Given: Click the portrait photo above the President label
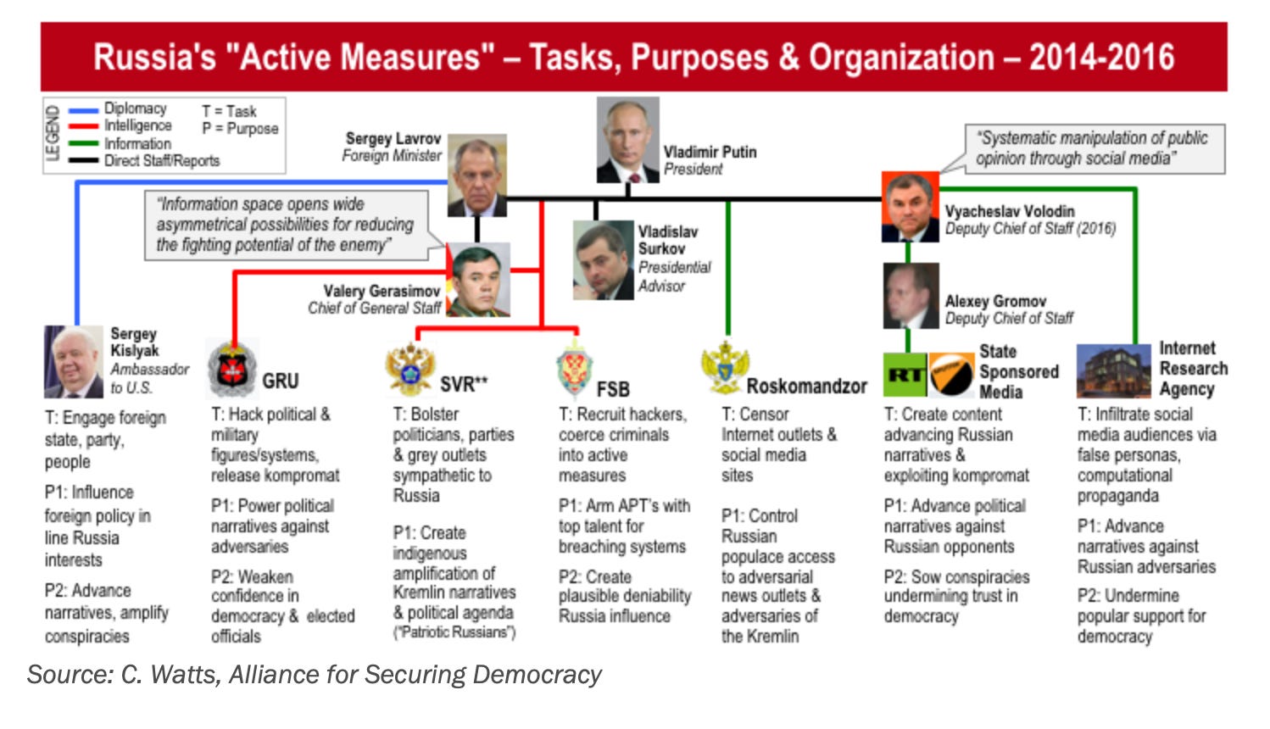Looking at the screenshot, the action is point(627,140).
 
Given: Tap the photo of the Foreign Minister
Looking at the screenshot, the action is point(477,175).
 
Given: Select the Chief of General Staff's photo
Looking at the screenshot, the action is point(478,280).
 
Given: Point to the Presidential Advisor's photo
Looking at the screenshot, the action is point(603,260).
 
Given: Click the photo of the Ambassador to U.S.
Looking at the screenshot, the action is point(74,362).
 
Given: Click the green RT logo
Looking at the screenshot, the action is point(905,375).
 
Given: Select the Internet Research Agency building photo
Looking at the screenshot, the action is point(1113,371).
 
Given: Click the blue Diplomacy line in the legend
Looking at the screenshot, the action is point(83,110).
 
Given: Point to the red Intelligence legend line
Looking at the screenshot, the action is point(83,126).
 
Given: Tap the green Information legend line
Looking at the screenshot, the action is point(83,143).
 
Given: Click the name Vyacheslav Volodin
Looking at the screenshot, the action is point(1009,211).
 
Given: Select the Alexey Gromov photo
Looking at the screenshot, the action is point(911,295).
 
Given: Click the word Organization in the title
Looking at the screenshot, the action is point(900,58).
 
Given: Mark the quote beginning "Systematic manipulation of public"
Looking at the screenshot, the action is point(1093,148).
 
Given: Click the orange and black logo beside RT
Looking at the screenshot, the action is point(951,375).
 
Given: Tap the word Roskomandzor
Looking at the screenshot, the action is point(806,387).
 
